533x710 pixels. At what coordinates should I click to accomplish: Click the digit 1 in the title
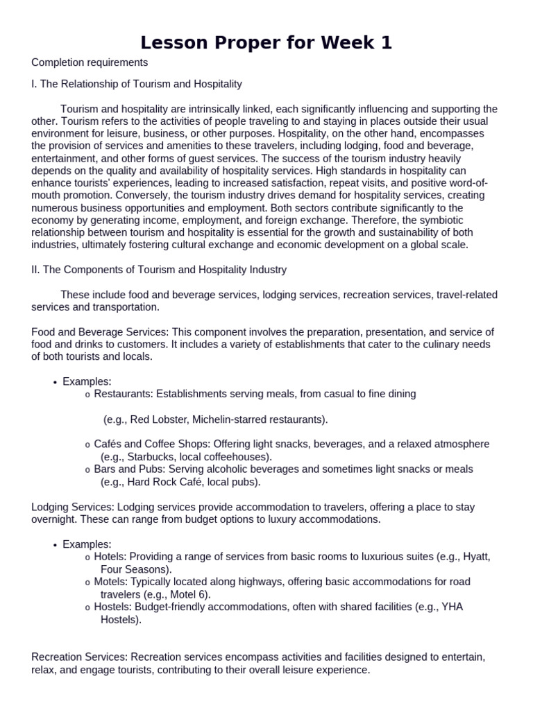tap(386, 43)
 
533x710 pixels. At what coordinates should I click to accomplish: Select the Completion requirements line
tap(90, 62)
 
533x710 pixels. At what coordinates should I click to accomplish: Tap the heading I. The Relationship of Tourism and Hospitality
tap(137, 84)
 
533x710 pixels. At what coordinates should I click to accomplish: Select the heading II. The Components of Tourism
tap(159, 269)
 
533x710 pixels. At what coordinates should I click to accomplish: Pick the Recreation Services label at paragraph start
tap(78, 657)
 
